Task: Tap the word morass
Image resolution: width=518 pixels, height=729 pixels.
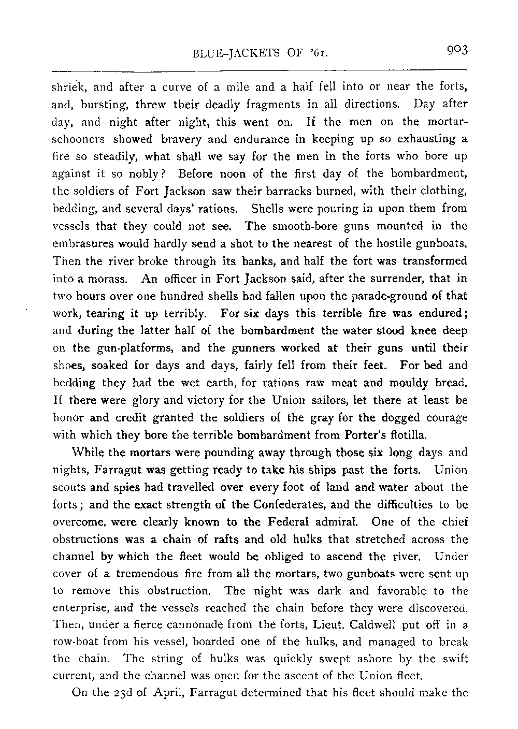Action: point(110,279)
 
